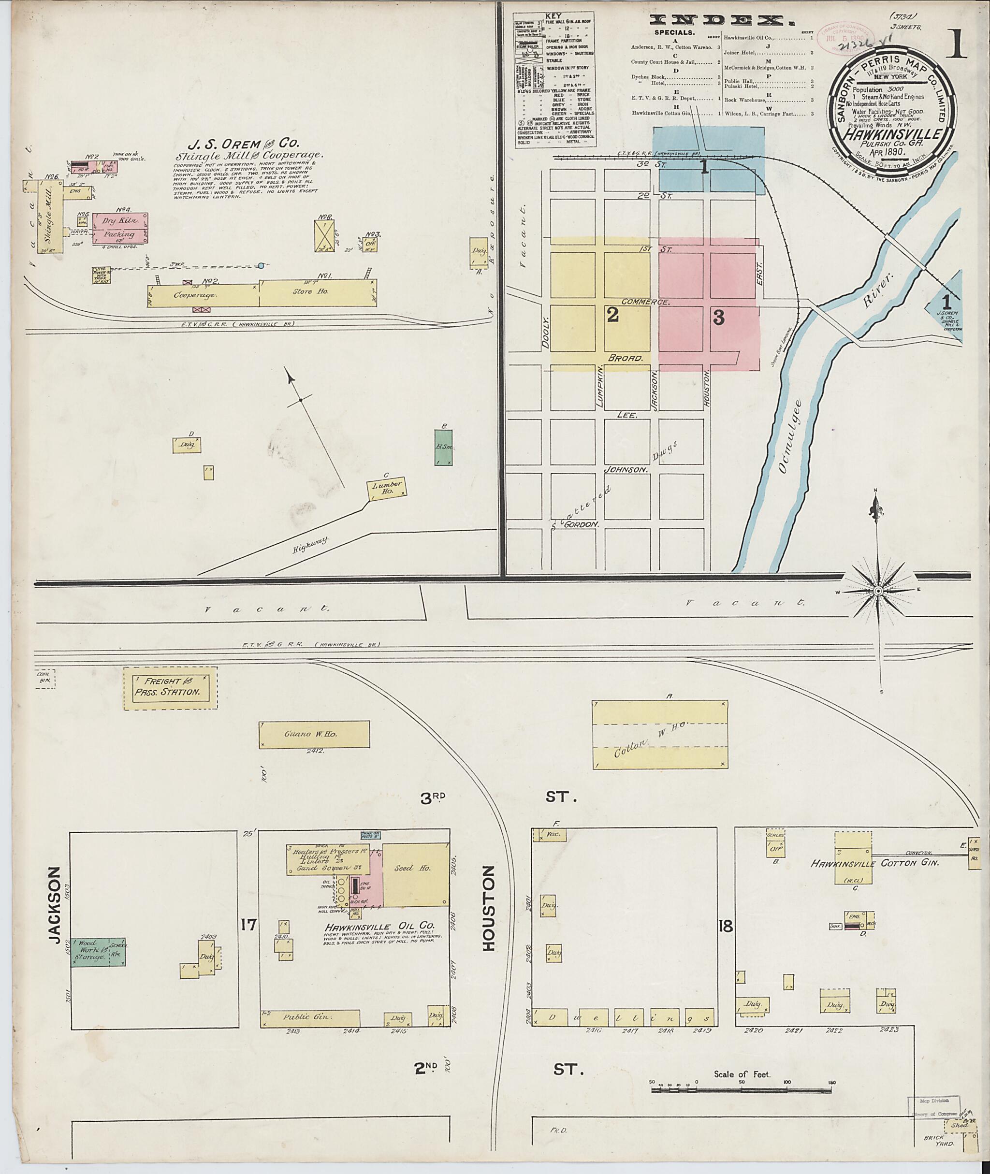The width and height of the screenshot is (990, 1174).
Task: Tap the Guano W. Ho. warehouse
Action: tap(314, 734)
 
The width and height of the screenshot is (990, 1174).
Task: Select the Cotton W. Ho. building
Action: tap(660, 735)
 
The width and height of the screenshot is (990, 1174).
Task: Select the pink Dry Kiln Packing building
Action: tap(120, 228)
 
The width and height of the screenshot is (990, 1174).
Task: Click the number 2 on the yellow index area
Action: tap(612, 316)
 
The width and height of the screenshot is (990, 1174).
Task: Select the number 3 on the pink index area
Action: tap(718, 318)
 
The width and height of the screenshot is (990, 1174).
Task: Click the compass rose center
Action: tap(878, 591)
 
